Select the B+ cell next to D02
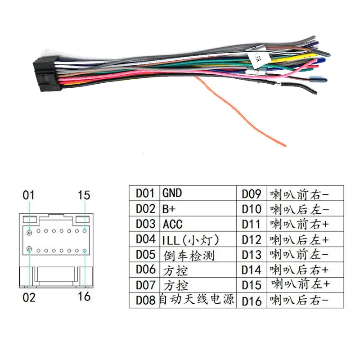(168, 209)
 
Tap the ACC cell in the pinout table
(173, 224)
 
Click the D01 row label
(145, 193)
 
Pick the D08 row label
(145, 300)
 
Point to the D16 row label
(252, 300)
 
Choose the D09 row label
(252, 194)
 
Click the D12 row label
(252, 239)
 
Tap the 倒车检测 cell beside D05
(189, 255)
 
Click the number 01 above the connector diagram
(29, 195)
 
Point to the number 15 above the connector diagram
(84, 195)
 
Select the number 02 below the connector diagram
(29, 297)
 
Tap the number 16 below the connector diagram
(84, 296)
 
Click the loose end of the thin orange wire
(284, 144)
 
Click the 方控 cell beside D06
(175, 270)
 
